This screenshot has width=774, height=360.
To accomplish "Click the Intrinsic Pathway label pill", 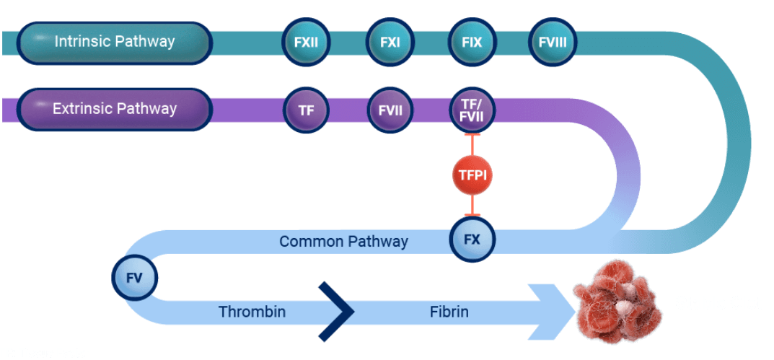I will (x=114, y=43).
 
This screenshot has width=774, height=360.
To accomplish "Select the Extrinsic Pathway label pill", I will (x=114, y=110).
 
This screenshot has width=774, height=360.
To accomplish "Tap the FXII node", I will (x=306, y=43).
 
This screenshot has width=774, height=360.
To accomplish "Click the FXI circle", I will (x=390, y=43).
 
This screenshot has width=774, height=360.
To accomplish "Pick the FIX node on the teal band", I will (x=472, y=43).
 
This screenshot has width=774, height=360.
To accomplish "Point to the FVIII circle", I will (x=553, y=43).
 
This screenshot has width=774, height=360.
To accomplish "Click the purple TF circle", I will (x=306, y=110).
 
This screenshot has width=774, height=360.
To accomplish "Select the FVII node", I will (x=390, y=110).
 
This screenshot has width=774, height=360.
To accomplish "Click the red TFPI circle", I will (x=472, y=174).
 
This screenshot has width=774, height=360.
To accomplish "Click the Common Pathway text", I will (x=343, y=241).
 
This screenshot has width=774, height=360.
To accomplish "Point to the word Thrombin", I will (x=252, y=312).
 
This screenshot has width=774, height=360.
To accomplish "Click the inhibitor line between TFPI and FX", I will (x=472, y=206).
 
